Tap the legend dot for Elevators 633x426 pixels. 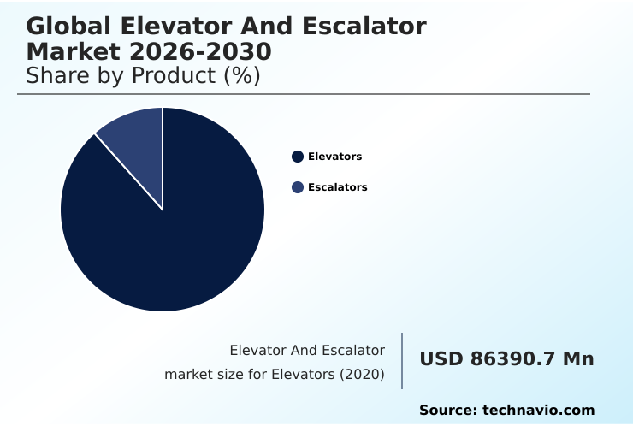pyautogui.click(x=298, y=157)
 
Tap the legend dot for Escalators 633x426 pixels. pyautogui.click(x=298, y=187)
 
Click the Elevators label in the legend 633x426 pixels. pyautogui.click(x=334, y=157)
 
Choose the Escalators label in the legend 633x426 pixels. pyautogui.click(x=337, y=187)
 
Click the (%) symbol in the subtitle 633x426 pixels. pyautogui.click(x=241, y=75)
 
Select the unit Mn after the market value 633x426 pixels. pyautogui.click(x=577, y=359)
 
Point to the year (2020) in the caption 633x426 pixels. pyautogui.click(x=363, y=375)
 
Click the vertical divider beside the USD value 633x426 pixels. pyautogui.click(x=402, y=361)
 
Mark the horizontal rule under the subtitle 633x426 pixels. pyautogui.click(x=304, y=94)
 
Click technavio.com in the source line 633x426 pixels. pyautogui.click(x=539, y=411)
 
